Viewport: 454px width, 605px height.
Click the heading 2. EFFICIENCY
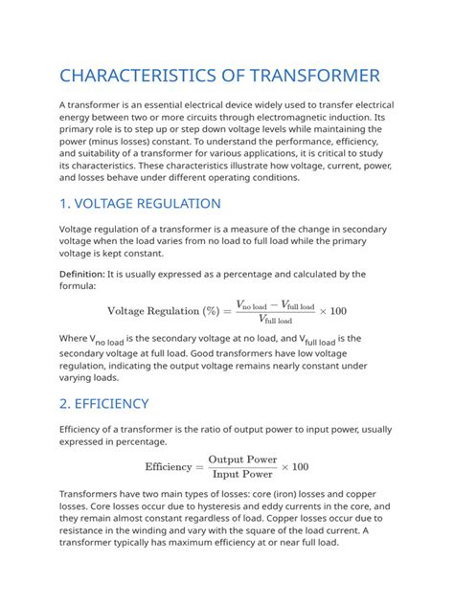(104, 403)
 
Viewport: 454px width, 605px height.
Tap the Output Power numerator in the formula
(242, 459)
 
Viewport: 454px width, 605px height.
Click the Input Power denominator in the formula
(242, 474)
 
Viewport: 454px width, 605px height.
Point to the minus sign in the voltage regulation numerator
(273, 303)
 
